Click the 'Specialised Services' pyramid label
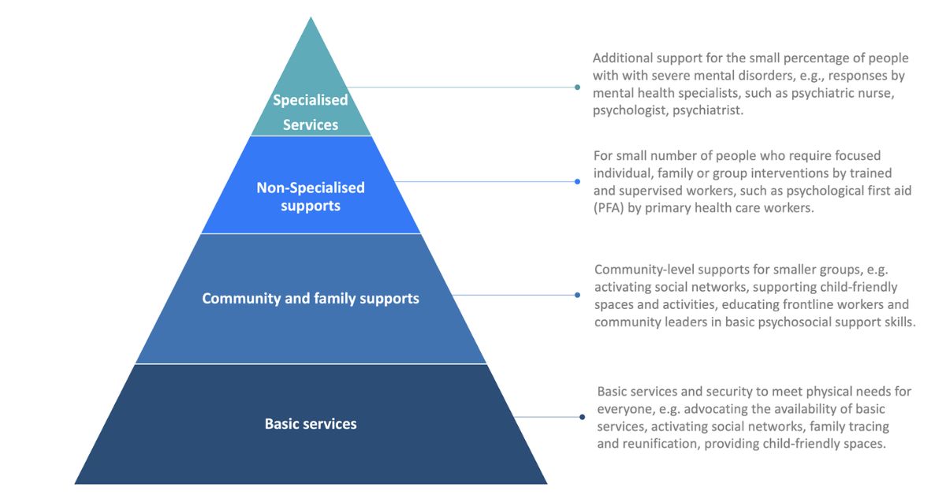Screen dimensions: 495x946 (x=311, y=112)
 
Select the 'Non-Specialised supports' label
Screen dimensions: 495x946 (x=311, y=196)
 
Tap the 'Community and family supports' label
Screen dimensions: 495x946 (x=311, y=299)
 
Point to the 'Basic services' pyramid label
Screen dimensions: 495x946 (x=311, y=424)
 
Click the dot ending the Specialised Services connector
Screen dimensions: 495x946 (x=577, y=87)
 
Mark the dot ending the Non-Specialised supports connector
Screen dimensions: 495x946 (x=577, y=182)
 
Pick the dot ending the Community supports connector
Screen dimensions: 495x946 (x=577, y=296)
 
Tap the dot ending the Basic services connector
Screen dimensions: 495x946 (x=582, y=417)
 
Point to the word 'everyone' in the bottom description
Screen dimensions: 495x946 (x=624, y=409)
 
